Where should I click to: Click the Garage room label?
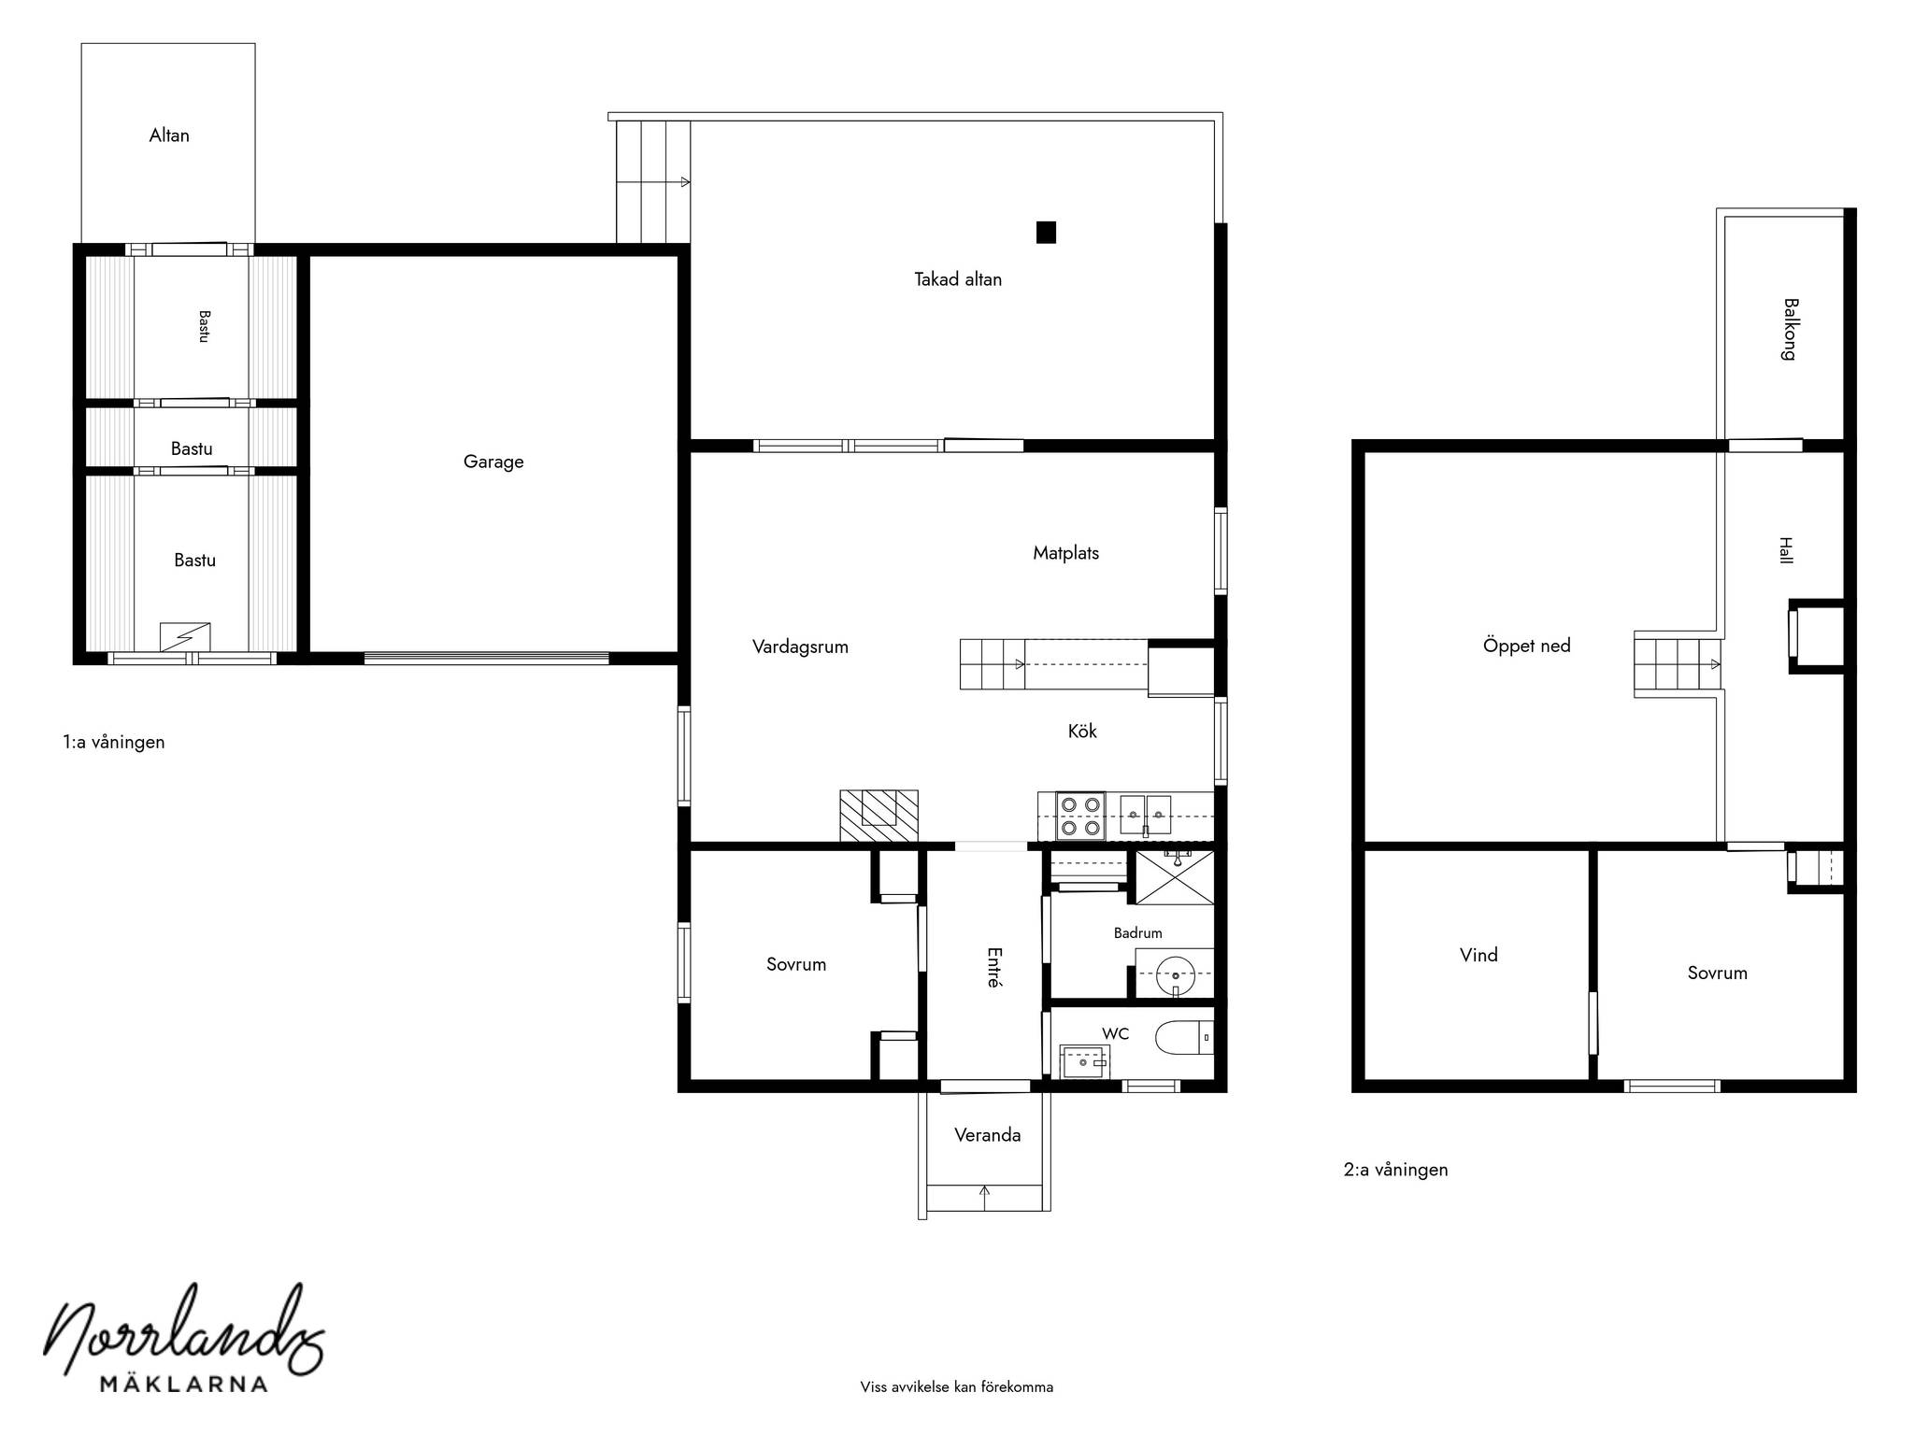pyautogui.click(x=493, y=462)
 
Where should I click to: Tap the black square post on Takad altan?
pyautogui.click(x=1046, y=232)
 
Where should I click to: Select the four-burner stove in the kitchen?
pyautogui.click(x=1080, y=816)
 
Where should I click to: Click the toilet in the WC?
pyautogui.click(x=1184, y=1038)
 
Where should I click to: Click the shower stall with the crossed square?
pyautogui.click(x=1175, y=876)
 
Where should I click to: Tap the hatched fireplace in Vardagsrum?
pyautogui.click(x=878, y=817)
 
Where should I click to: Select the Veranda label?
pyautogui.click(x=987, y=1135)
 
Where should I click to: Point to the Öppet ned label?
pyautogui.click(x=1526, y=646)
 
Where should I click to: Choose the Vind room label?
pyautogui.click(x=1478, y=955)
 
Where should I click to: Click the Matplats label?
pyautogui.click(x=1065, y=553)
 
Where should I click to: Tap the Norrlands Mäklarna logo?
pyautogui.click(x=184, y=1338)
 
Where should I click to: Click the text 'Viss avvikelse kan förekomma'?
pyautogui.click(x=957, y=1387)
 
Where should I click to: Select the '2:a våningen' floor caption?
pyautogui.click(x=1395, y=1170)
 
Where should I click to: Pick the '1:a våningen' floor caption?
pyautogui.click(x=114, y=743)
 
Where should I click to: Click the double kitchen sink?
pyautogui.click(x=1146, y=815)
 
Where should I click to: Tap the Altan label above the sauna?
pyautogui.click(x=169, y=135)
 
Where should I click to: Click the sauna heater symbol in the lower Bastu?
pyautogui.click(x=184, y=637)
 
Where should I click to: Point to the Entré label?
pyautogui.click(x=994, y=968)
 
